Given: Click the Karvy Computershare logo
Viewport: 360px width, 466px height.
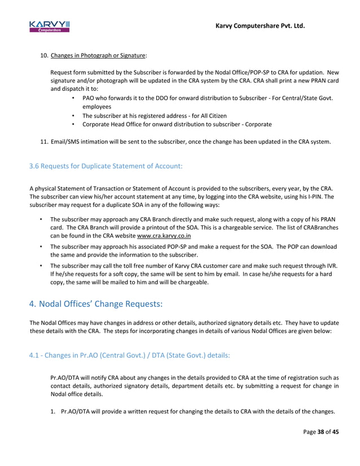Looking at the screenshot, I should point(50,26).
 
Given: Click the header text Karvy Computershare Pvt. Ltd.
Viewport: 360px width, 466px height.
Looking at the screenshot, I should point(260,25).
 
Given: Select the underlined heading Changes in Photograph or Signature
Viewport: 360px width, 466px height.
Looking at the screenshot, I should point(98,55).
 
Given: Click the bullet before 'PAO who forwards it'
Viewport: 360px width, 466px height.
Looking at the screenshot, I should point(74,98).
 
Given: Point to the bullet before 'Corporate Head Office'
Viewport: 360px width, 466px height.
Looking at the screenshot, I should point(74,124).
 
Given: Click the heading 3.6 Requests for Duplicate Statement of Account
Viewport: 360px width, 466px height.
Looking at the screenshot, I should point(106,166).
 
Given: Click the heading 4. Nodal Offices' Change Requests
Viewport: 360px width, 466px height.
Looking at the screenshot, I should point(95,305).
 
